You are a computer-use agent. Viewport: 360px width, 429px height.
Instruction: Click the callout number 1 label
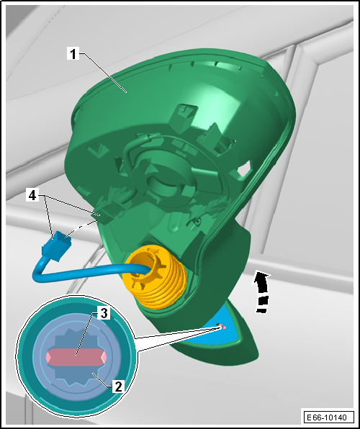tap(73, 53)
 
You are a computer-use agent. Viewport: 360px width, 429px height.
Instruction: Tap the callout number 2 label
tap(118, 387)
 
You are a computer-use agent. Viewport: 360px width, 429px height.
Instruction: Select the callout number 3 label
tap(104, 312)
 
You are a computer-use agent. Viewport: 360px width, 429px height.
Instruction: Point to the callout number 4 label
tap(32, 195)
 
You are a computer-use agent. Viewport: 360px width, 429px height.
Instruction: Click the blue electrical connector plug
tap(56, 246)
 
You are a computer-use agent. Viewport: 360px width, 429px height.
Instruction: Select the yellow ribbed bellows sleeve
tap(155, 277)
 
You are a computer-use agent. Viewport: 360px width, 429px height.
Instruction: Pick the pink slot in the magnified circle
tap(76, 357)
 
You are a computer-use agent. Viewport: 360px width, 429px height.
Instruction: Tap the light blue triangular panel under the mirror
tap(216, 328)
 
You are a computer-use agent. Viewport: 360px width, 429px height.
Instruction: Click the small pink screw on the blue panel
tap(223, 326)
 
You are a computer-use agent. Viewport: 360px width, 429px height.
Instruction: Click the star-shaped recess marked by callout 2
tap(76, 357)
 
